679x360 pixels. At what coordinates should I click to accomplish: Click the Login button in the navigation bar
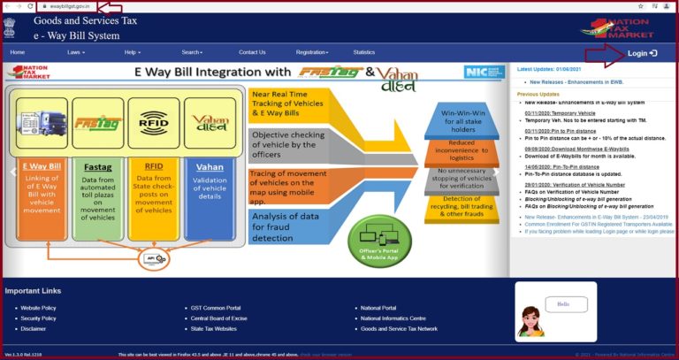pos(641,53)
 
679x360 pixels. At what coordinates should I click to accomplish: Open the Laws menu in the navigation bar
pos(76,52)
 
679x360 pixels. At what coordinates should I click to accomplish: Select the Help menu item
pos(133,52)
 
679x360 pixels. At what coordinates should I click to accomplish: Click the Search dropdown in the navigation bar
pos(192,52)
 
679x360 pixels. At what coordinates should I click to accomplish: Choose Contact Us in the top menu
pos(251,52)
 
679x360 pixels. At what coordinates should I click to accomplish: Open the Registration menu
pos(312,52)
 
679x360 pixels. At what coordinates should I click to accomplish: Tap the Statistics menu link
pos(364,52)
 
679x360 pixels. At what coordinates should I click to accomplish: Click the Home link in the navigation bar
pos(18,52)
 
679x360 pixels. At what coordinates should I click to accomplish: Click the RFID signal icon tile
pos(148,123)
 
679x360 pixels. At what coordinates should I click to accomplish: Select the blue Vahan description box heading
pos(210,166)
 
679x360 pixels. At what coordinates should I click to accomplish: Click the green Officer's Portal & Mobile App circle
pos(379,242)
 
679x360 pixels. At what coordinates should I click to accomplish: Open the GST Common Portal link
pos(216,308)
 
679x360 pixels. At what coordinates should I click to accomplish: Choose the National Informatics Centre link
pos(393,318)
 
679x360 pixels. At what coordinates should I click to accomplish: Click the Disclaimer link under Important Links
pos(34,328)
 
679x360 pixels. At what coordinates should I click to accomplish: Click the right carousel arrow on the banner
pos(496,169)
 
